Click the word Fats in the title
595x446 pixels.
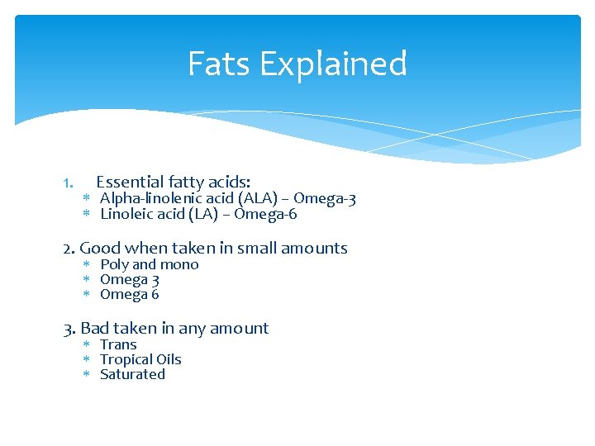coord(212,64)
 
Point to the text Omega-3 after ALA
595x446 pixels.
coord(325,199)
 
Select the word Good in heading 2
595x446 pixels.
coord(100,248)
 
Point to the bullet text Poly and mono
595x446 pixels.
coord(150,264)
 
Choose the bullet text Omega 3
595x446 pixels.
coord(130,280)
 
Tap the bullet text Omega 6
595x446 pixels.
coord(130,295)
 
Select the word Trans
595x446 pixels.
coord(118,344)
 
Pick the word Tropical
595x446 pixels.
coord(124,360)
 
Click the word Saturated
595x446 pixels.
coord(132,374)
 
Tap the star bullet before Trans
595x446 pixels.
coord(86,344)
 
